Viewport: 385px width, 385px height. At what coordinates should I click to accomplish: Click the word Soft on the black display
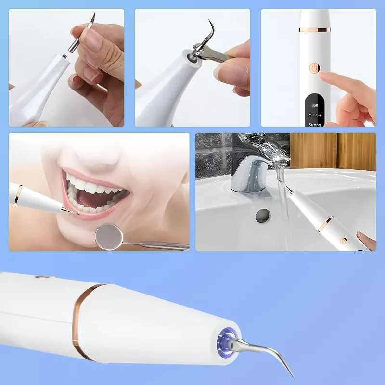point(315,105)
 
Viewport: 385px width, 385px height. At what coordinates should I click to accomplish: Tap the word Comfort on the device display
point(315,115)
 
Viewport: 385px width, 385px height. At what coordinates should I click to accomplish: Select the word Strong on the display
point(315,125)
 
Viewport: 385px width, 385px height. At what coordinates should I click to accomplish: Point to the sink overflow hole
point(262,216)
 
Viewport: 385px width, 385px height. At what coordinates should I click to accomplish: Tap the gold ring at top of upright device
point(315,30)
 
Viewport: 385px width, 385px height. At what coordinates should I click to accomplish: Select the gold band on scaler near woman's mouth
point(18,195)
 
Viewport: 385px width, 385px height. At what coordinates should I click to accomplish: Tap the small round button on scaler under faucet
point(343,241)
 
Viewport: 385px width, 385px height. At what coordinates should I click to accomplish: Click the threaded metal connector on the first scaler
point(64,56)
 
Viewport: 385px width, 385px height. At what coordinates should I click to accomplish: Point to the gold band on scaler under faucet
point(325,223)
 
